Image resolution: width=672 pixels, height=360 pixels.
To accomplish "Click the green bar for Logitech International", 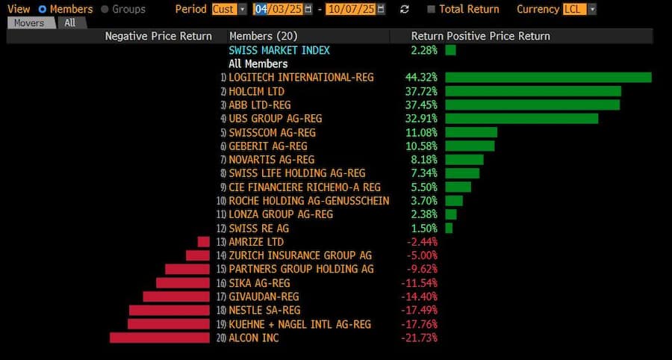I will point(548,78).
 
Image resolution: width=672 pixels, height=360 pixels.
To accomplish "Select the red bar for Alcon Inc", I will point(160,338).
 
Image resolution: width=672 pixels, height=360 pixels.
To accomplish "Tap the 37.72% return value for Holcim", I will point(421,91).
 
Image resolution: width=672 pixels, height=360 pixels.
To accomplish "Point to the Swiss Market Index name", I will point(279,50).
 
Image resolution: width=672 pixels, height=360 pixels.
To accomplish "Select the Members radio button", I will point(42,9).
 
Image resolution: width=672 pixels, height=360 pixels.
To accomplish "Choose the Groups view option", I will point(105,9).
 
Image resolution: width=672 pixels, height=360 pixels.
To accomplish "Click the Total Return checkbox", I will point(432,9).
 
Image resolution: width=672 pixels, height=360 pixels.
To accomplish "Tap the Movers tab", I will point(30,22).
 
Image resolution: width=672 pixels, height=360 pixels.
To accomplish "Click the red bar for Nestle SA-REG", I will point(169,310).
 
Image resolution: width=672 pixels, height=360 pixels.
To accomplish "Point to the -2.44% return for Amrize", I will point(421,242).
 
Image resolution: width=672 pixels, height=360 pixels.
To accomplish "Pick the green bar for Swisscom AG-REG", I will point(470,132).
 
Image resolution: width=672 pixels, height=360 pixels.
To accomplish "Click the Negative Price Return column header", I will point(158,36).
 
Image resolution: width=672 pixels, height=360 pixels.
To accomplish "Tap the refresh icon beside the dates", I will point(405,9).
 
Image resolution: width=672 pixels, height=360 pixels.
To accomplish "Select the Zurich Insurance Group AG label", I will point(300,255).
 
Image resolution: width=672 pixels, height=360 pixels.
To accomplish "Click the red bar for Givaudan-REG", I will point(176,297).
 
